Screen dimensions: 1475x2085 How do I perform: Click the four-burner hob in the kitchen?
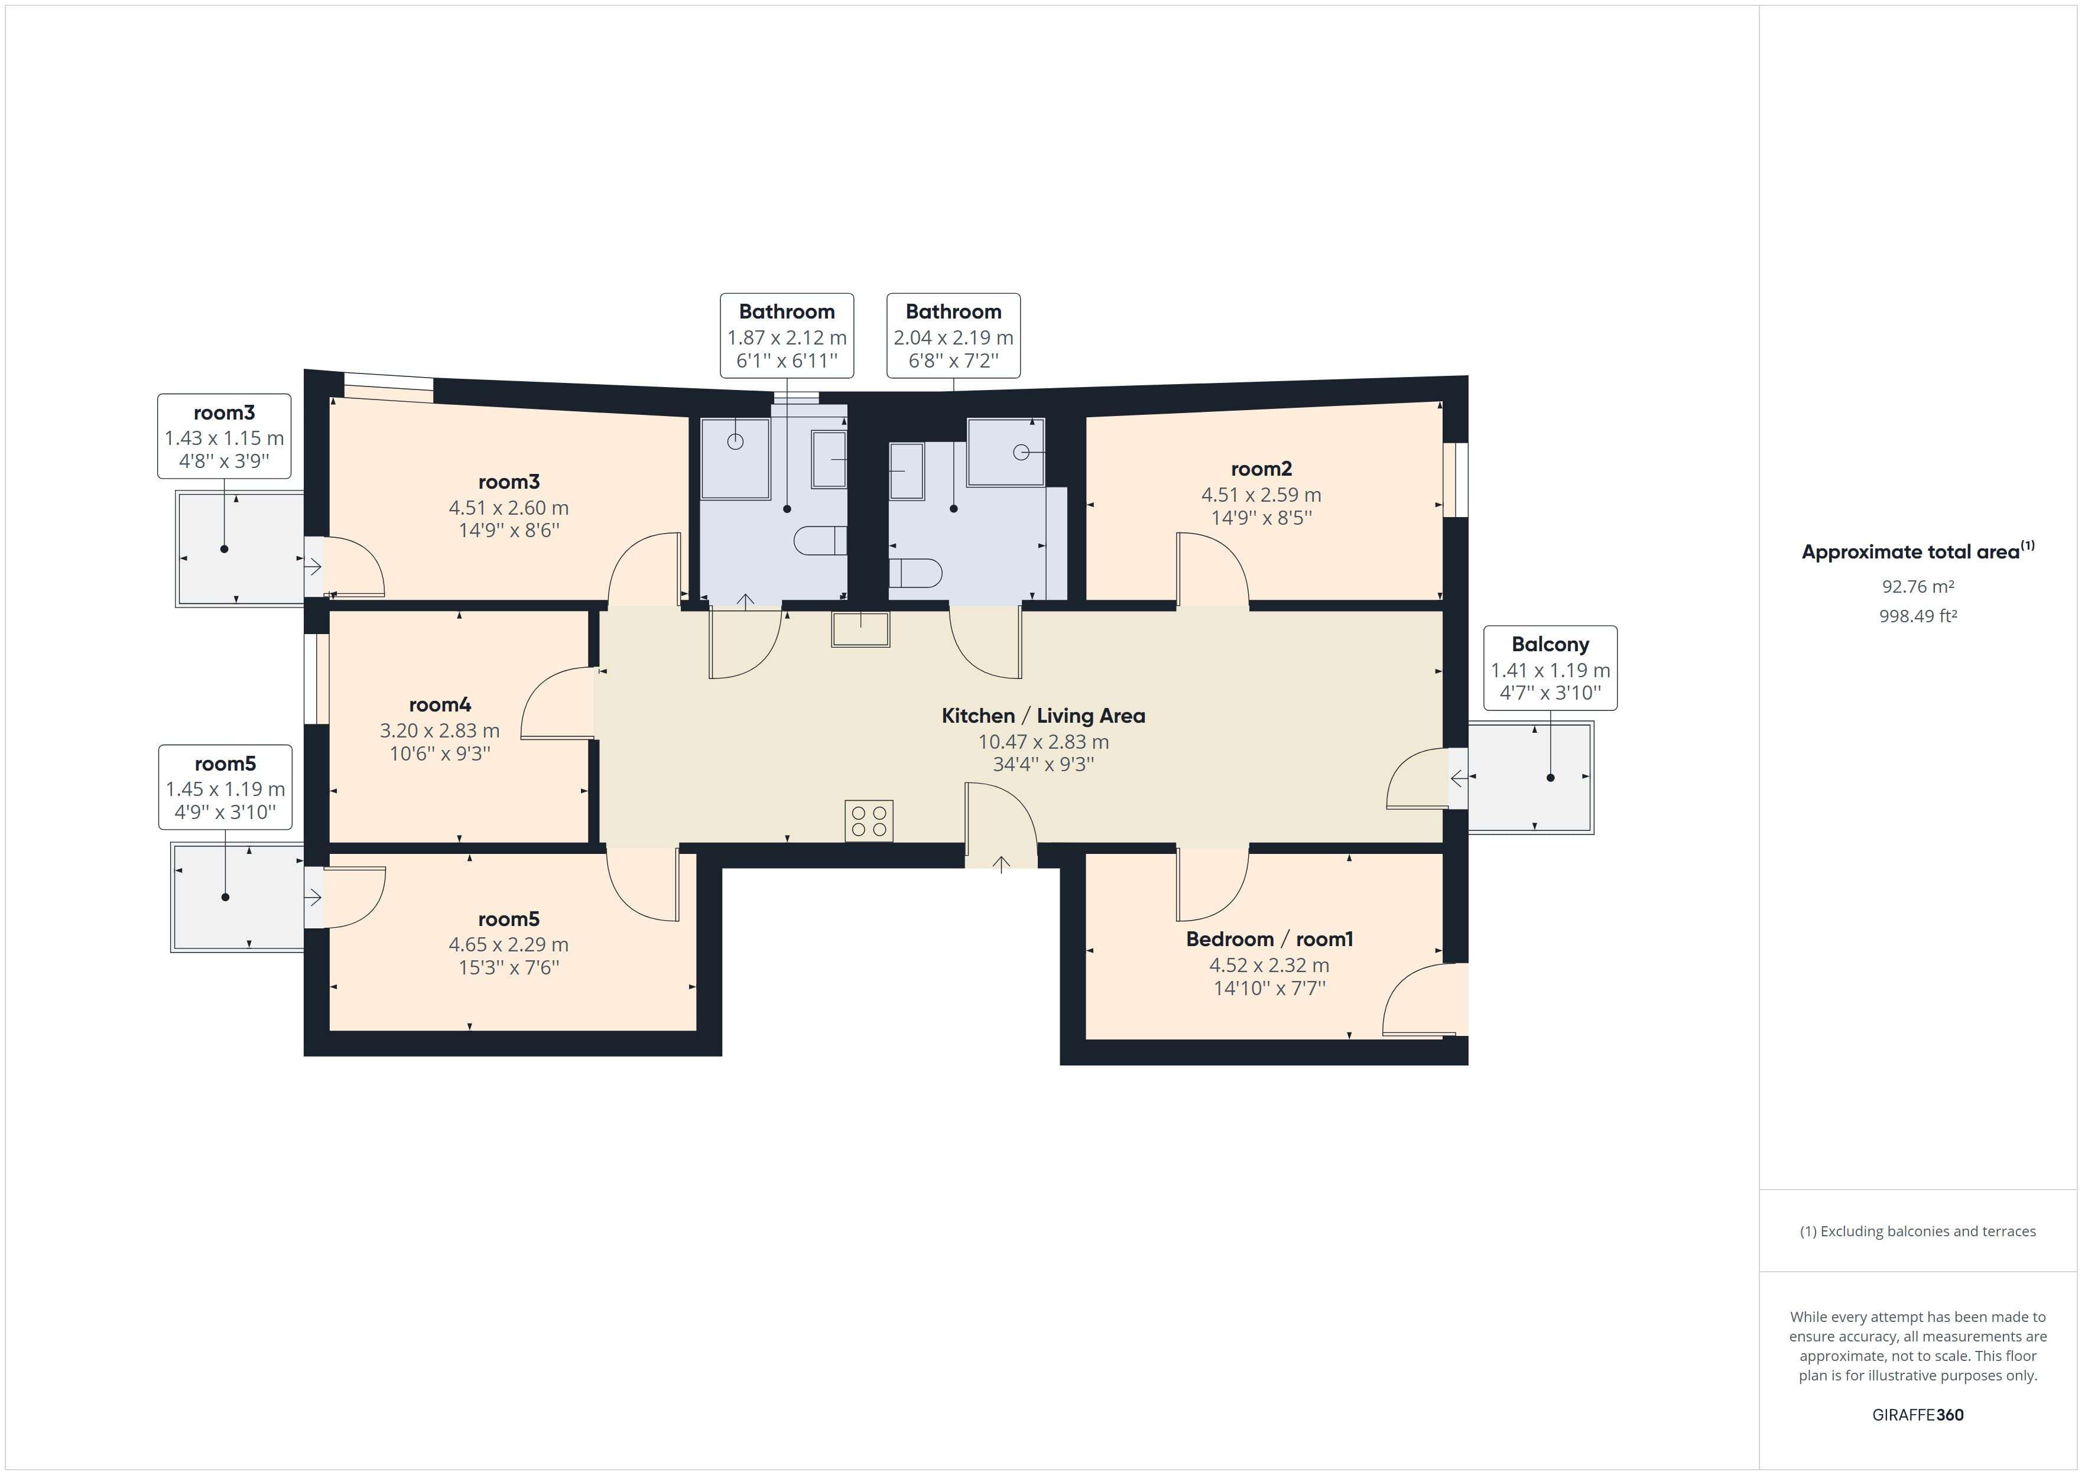pos(869,821)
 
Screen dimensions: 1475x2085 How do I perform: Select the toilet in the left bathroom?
pos(820,541)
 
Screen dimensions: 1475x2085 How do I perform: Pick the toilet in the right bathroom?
pos(914,574)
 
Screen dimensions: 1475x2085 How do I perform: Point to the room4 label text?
pos(440,705)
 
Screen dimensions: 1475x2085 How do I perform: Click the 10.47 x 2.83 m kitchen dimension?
pos(1042,742)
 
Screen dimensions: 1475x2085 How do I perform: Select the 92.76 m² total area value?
pos(1917,587)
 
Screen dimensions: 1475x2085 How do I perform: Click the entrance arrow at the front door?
pos(1001,864)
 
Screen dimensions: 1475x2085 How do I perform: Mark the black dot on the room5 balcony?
pos(225,898)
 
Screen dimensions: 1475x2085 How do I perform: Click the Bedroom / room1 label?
pos(1269,939)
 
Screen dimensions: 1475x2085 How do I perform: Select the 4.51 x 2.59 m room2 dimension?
pos(1261,495)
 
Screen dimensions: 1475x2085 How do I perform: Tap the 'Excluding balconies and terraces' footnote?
pos(1917,1232)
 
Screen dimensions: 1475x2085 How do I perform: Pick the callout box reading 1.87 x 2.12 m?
pos(787,337)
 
